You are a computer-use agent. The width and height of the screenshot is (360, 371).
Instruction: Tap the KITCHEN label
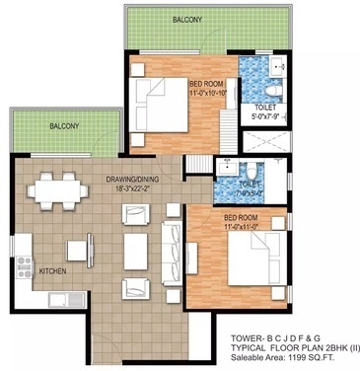(53, 268)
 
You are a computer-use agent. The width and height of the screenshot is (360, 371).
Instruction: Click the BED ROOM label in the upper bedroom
(209, 85)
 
